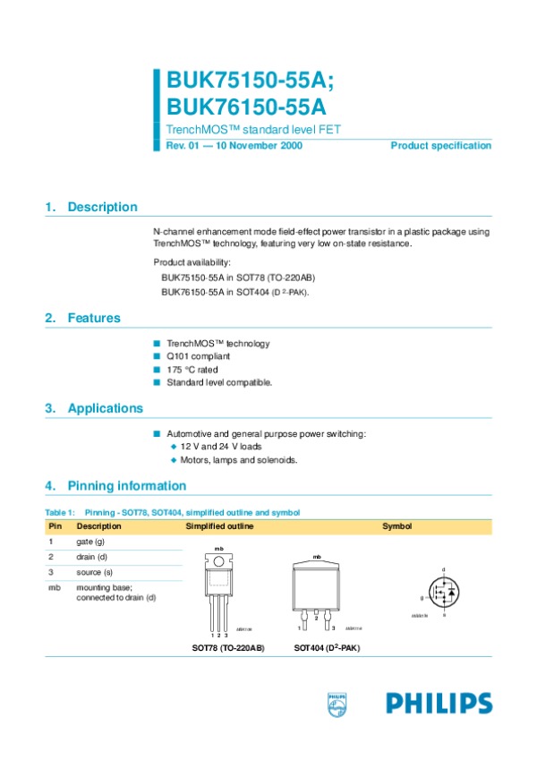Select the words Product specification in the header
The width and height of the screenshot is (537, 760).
pos(441,145)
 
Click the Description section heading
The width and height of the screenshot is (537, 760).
pos(102,207)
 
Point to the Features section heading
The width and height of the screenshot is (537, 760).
pos(93,318)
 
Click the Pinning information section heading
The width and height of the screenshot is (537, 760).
pos(126,486)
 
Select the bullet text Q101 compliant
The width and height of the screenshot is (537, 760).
pos(192,356)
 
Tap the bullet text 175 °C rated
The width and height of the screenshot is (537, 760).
pos(192,369)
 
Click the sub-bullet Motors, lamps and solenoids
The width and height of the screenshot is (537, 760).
pos(238,459)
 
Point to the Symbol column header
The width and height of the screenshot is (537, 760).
pos(396,526)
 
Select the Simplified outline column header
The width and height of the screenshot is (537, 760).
pos(219,526)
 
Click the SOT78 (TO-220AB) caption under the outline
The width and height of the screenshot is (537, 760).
pos(228,646)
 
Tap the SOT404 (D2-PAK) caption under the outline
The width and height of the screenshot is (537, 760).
pos(327,646)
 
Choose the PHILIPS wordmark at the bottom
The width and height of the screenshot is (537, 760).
pos(439,704)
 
